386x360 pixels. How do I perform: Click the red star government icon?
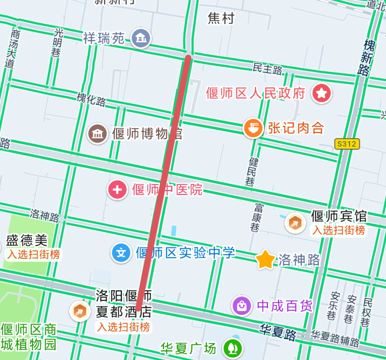[322, 94]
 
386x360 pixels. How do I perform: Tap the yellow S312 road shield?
[347, 144]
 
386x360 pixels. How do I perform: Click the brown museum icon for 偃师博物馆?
[98, 134]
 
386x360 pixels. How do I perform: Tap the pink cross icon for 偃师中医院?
[118, 189]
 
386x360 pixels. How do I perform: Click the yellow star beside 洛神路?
[266, 260]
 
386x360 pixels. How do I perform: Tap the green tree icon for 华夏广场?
[233, 348]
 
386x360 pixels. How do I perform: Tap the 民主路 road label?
[267, 69]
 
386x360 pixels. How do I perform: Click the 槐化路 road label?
[91, 99]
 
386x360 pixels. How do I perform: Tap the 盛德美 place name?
[27, 240]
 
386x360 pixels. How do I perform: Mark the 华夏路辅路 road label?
[335, 338]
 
